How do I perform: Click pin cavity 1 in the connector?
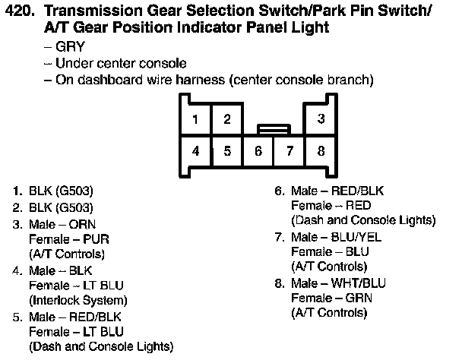click(x=195, y=120)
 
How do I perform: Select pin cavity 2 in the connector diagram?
click(x=226, y=120)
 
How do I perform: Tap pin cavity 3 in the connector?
click(x=321, y=119)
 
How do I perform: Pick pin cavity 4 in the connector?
click(x=195, y=150)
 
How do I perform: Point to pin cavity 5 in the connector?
click(x=226, y=150)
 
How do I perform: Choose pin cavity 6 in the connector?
click(x=258, y=150)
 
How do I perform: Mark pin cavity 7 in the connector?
click(x=290, y=150)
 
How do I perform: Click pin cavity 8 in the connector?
click(x=321, y=150)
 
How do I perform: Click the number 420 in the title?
click(x=21, y=11)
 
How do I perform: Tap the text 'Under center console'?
click(x=121, y=63)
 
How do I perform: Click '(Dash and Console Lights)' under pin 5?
click(x=101, y=346)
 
